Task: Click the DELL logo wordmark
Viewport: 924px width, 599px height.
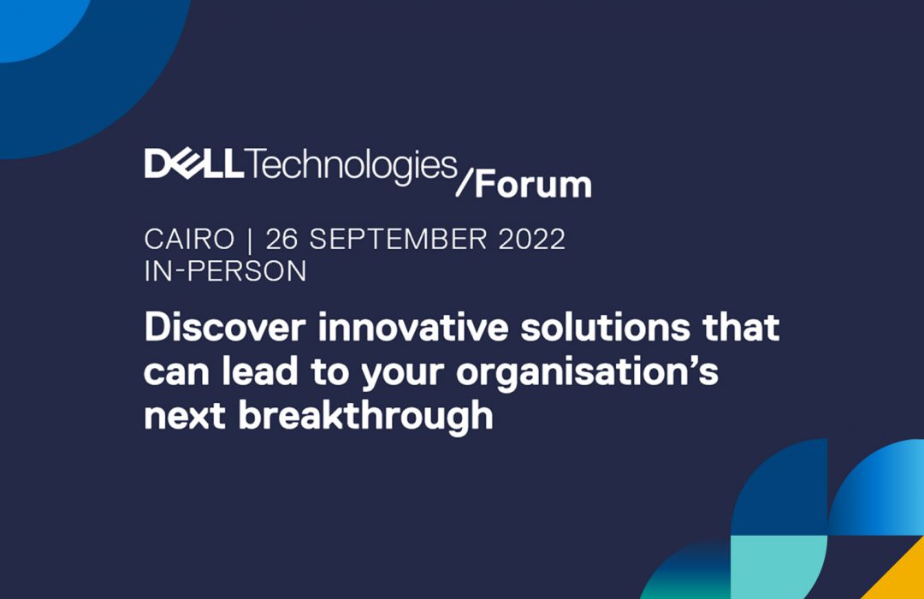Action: click(x=194, y=163)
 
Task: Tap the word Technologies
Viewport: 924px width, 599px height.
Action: click(x=352, y=166)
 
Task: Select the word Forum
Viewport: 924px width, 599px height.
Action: click(x=533, y=185)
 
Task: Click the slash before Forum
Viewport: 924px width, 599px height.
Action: click(x=465, y=182)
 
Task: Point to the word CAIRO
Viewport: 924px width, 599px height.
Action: click(x=189, y=240)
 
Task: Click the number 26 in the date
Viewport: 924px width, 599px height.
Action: click(x=281, y=240)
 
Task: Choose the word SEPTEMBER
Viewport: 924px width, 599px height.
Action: click(x=399, y=240)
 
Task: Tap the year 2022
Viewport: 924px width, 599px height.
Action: click(x=532, y=240)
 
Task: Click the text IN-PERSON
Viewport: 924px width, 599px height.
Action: click(x=226, y=271)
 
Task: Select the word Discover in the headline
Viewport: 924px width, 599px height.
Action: click(x=225, y=327)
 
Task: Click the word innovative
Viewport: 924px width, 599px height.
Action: click(x=413, y=327)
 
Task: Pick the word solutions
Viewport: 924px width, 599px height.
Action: click(x=605, y=327)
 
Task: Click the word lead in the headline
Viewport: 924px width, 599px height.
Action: click(x=260, y=371)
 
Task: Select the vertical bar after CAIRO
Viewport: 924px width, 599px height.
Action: click(x=251, y=240)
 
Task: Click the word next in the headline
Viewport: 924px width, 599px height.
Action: click(x=185, y=416)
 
